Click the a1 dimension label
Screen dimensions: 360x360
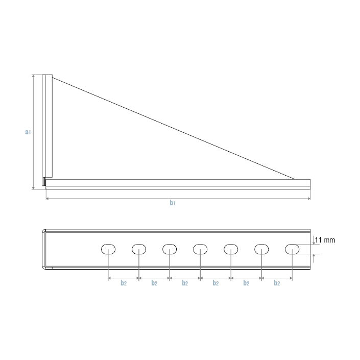pyautogui.click(x=29, y=132)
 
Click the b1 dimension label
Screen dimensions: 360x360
pyautogui.click(x=173, y=203)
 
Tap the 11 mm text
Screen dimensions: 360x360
pyautogui.click(x=325, y=239)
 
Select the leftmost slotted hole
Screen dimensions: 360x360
pyautogui.click(x=108, y=249)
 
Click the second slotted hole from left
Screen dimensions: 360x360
pyautogui.click(x=139, y=249)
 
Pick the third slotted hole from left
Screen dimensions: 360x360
pyautogui.click(x=170, y=249)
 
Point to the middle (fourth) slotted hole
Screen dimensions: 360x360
pyautogui.click(x=200, y=249)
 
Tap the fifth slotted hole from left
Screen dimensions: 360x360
pyautogui.click(x=231, y=249)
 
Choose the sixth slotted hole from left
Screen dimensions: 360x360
pyautogui.click(x=261, y=249)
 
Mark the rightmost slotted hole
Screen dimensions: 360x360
pyautogui.click(x=292, y=249)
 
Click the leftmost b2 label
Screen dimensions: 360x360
pyautogui.click(x=124, y=283)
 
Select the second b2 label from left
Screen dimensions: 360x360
pyautogui.click(x=154, y=283)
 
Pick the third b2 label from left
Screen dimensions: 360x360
pyautogui.click(x=185, y=283)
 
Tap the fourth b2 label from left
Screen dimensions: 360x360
pyautogui.click(x=215, y=283)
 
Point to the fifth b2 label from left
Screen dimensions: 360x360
pyautogui.click(x=246, y=283)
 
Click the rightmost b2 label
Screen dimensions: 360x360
pyautogui.click(x=277, y=283)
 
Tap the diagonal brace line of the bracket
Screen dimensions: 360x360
pyautogui.click(x=174, y=128)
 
